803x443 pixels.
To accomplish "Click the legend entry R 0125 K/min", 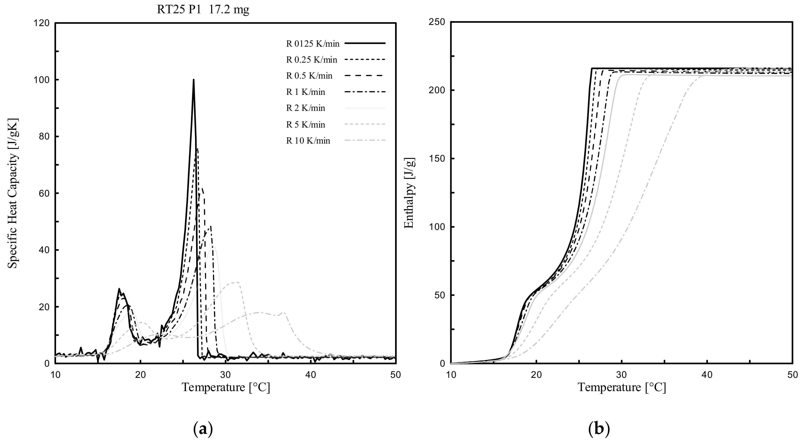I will (313, 44).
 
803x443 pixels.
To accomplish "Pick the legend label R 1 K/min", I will (305, 92).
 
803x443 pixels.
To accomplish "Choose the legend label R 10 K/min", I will (308, 141).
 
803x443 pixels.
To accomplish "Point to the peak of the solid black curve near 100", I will (194, 80).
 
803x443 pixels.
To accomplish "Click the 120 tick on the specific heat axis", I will (43, 23).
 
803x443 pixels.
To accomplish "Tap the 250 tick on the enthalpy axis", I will (438, 22).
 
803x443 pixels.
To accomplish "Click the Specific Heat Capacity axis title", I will (13, 193).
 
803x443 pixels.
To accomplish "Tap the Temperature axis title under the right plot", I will (622, 387).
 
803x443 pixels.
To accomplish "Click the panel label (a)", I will (203, 429).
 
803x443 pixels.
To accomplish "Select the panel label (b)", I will (598, 429).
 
